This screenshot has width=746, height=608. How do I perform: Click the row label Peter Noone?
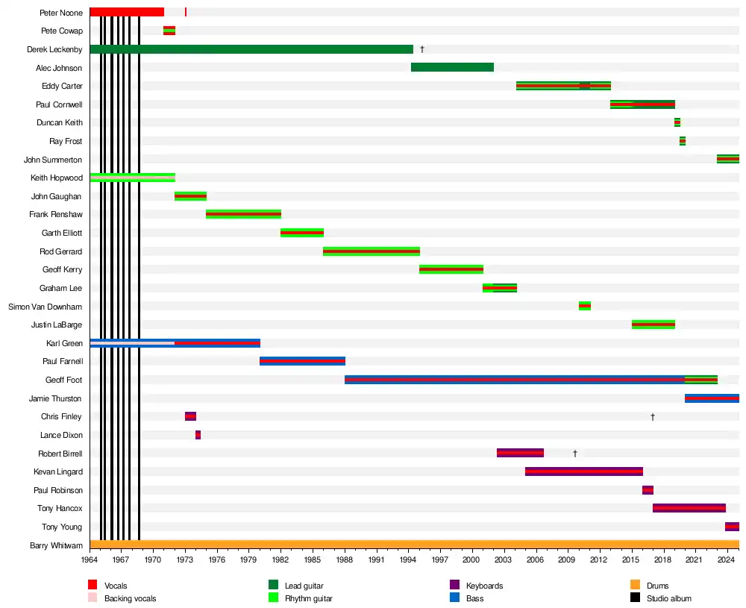coord(61,13)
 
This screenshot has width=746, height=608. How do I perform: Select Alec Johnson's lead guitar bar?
coord(452,67)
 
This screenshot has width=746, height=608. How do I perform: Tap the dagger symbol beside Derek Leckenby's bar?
coord(422,49)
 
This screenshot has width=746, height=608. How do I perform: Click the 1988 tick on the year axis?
coord(345,559)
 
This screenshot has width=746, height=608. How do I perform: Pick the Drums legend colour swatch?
coord(635,585)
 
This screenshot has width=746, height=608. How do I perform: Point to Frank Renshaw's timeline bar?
coord(243,214)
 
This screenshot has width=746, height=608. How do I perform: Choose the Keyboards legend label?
coord(484,586)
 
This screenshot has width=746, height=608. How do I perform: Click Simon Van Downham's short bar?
coord(585,306)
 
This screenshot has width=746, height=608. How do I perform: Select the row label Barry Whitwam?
coord(56,545)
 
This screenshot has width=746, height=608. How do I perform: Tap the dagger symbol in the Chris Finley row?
coord(653,416)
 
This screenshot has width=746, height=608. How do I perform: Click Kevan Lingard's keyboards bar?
coord(584,471)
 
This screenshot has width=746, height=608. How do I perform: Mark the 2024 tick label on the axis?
coord(727,559)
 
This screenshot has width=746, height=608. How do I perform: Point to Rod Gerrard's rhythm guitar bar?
coord(372,251)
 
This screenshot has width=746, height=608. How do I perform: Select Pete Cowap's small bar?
coord(169,31)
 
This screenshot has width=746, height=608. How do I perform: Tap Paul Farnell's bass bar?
coord(302,361)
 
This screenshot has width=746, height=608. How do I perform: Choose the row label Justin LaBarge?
coord(57,325)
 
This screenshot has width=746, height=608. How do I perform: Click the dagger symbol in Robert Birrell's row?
coord(575,454)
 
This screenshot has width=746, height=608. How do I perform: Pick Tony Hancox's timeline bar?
coord(689,508)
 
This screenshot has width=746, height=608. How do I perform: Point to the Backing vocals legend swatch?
coord(93,598)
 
